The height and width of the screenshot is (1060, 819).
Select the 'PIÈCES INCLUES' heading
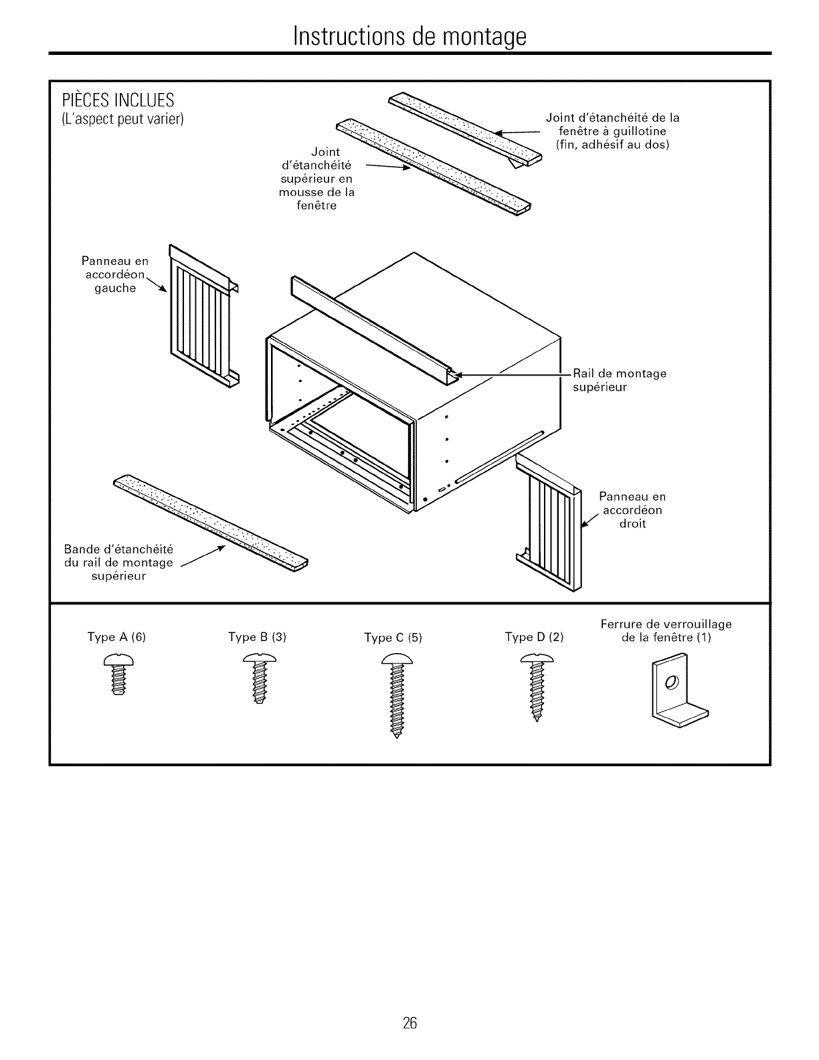[118, 100]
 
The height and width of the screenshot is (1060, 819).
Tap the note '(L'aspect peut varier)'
[122, 120]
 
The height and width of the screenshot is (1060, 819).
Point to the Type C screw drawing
[397, 696]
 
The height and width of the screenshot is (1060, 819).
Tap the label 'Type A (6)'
[116, 637]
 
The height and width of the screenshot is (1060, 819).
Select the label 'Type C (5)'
[393, 638]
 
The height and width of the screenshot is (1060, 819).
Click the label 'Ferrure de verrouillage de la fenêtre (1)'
[666, 630]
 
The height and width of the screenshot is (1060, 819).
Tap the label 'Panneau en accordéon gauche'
[115, 274]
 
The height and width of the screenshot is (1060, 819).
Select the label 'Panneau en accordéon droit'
[632, 510]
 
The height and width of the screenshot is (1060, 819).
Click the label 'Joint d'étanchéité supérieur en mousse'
[316, 179]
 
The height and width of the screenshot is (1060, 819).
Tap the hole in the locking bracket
[671, 682]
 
